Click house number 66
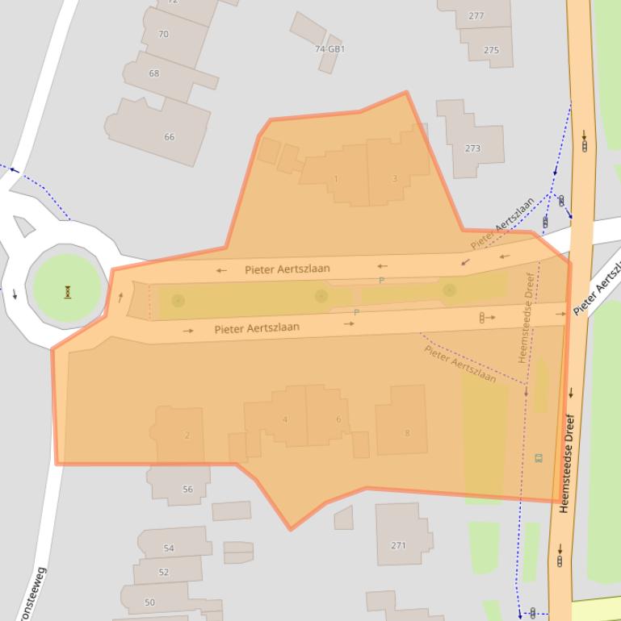[x=169, y=137]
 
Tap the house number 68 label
[x=153, y=73]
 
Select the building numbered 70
[x=163, y=34]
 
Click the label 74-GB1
[x=329, y=49]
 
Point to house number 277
[x=476, y=15]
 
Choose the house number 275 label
[x=491, y=50]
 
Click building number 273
[x=472, y=148]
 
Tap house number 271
[x=398, y=546]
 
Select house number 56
[x=187, y=490]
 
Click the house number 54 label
[x=168, y=548]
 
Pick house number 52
[x=164, y=573]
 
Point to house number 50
[x=149, y=602]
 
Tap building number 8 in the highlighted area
[x=407, y=433]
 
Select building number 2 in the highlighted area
[x=187, y=436]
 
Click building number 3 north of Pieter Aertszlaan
[x=395, y=178]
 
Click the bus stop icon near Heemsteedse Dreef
[x=539, y=458]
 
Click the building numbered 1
[x=336, y=179]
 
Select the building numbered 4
[x=285, y=419]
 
